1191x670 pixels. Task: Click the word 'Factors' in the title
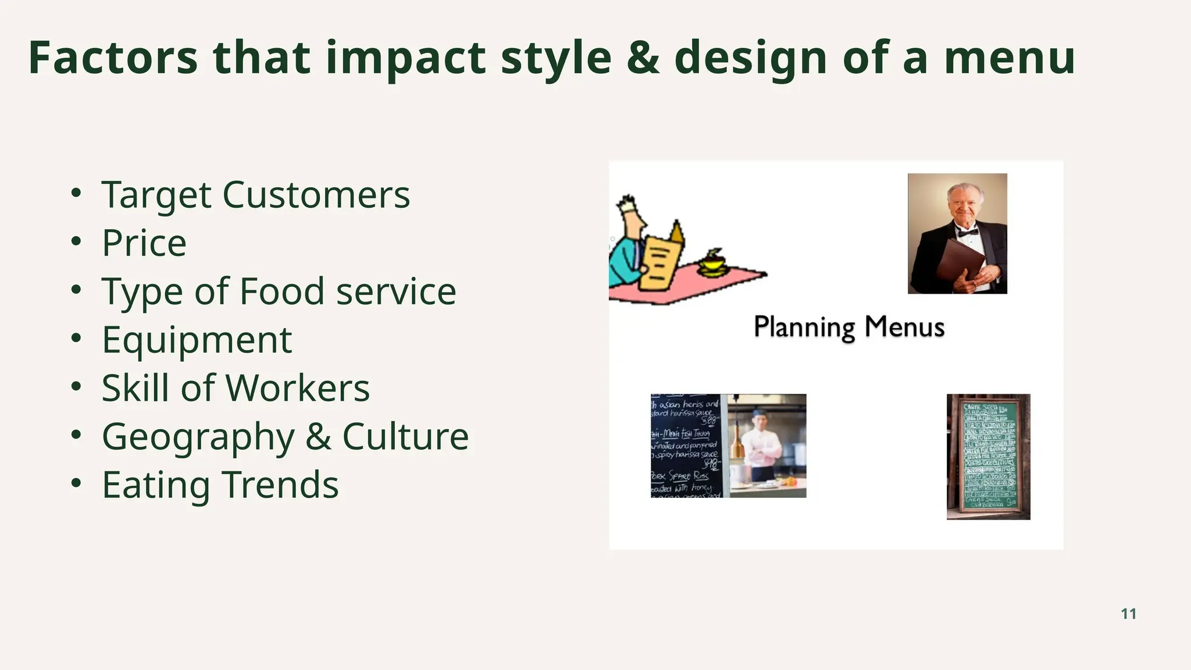pyautogui.click(x=113, y=58)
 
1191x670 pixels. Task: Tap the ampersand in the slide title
pyautogui.click(x=643, y=58)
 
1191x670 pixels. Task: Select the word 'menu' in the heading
pyautogui.click(x=1009, y=59)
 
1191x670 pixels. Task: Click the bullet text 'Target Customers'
pyautogui.click(x=256, y=194)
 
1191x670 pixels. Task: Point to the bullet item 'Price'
pyautogui.click(x=144, y=243)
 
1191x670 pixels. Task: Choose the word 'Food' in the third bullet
pyautogui.click(x=281, y=291)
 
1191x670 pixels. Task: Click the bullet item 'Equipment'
pyautogui.click(x=197, y=340)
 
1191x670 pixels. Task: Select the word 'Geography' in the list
pyautogui.click(x=198, y=437)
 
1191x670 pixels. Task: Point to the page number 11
pyautogui.click(x=1128, y=614)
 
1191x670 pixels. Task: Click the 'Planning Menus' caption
pyautogui.click(x=848, y=327)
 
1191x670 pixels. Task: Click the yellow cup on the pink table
pyautogui.click(x=712, y=265)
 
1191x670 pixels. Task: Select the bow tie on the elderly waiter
pyautogui.click(x=968, y=232)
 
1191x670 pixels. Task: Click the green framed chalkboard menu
pyautogui.click(x=988, y=457)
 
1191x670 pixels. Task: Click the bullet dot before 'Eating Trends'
pyautogui.click(x=76, y=483)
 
